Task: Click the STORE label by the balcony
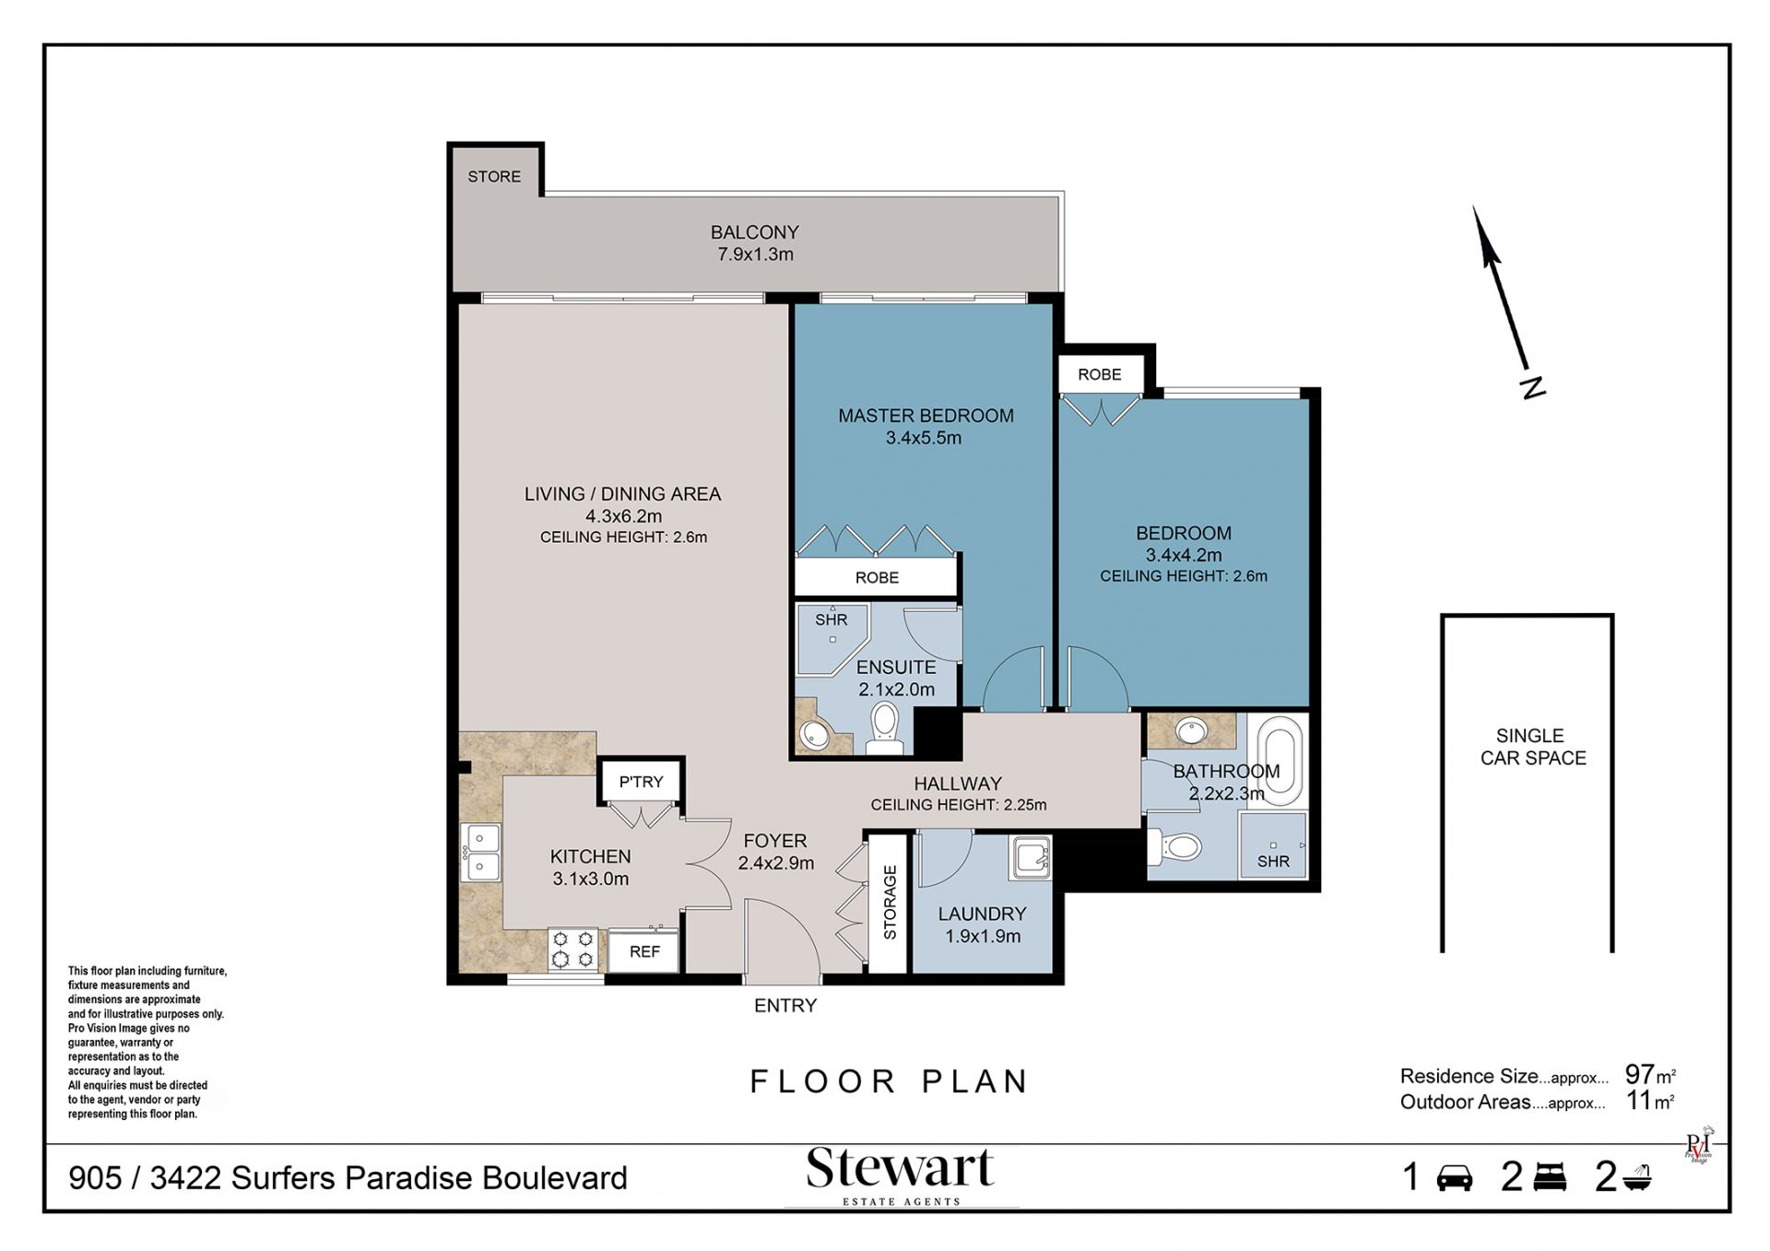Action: [x=494, y=176]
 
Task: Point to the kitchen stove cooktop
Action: [x=572, y=949]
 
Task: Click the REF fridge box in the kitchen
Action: [x=644, y=951]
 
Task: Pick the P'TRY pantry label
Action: [x=641, y=782]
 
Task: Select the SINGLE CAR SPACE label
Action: [x=1532, y=747]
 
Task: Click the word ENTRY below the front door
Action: [x=785, y=1006]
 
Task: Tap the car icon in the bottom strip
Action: [x=1455, y=1178]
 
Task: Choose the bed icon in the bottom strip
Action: [x=1550, y=1177]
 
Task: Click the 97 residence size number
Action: [x=1639, y=1074]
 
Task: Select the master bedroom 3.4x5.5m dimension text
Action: [x=924, y=438]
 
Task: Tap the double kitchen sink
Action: [x=480, y=853]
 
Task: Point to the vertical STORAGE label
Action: [x=890, y=903]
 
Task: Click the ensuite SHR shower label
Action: [x=831, y=620]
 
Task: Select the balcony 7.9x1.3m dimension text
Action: [x=755, y=254]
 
